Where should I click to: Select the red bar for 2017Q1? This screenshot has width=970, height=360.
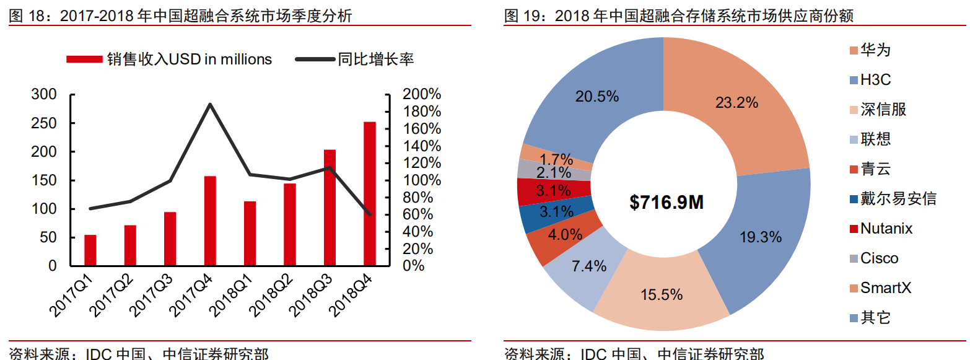90,250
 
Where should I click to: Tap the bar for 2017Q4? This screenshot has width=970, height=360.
210,221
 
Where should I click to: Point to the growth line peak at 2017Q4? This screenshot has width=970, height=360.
210,104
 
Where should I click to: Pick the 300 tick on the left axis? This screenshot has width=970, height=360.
44,95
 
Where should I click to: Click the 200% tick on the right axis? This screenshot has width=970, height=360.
421,95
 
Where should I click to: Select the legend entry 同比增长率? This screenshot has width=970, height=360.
375,59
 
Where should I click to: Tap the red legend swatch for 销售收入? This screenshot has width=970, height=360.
84,59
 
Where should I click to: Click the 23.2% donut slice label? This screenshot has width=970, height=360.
736,103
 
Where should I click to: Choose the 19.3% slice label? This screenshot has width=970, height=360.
761,237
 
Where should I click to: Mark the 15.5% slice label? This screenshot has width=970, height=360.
662,294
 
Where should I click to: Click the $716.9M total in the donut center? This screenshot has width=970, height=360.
666,202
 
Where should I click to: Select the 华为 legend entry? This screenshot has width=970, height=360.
875,50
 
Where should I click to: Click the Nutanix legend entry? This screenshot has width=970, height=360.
886,229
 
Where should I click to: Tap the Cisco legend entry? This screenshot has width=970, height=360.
879,258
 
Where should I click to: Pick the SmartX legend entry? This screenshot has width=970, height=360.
886,288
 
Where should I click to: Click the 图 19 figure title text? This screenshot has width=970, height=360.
678,16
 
